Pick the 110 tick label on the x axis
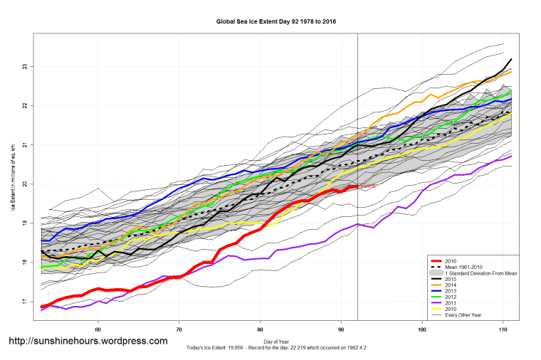[x=504, y=329]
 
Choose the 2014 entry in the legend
[x=451, y=285]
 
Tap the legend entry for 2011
[x=451, y=302]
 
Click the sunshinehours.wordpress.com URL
[x=88, y=341]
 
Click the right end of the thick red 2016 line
[x=357, y=186]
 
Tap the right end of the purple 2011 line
[x=512, y=156]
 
